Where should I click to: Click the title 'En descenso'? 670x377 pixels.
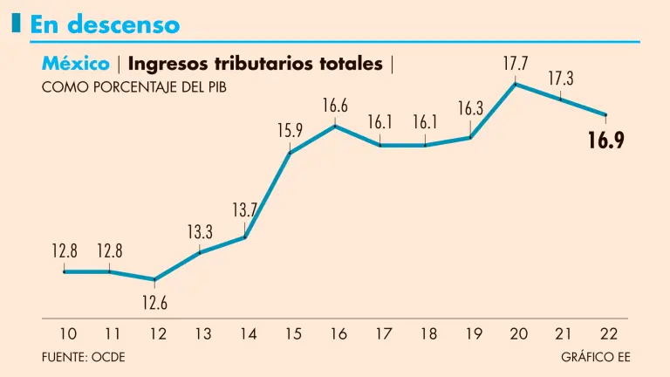(x=105, y=24)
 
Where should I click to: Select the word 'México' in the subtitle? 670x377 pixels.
(x=75, y=64)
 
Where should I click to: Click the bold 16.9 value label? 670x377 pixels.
(x=605, y=141)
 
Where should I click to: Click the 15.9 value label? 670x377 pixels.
(x=291, y=131)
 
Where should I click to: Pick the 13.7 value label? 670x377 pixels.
(x=245, y=210)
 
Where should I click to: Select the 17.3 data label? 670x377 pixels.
(x=560, y=79)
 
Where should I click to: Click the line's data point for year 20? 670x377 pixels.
(x=516, y=84)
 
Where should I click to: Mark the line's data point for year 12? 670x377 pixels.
(x=154, y=280)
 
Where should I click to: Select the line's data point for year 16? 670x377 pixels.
(x=335, y=127)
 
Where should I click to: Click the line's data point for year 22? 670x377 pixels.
(x=605, y=114)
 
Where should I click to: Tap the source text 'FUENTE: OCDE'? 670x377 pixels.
(x=89, y=357)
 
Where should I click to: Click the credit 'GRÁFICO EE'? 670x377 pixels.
(x=596, y=357)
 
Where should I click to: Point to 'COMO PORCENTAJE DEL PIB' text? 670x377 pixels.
(x=133, y=87)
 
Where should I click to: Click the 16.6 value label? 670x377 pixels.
(x=335, y=106)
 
